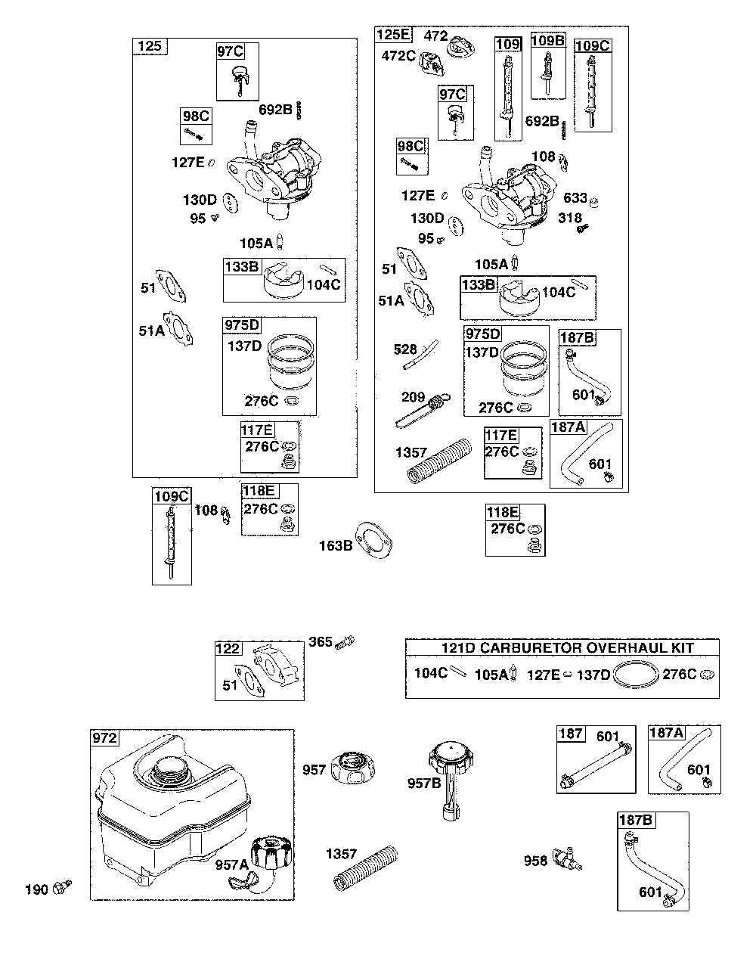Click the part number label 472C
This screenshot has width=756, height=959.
[398, 56]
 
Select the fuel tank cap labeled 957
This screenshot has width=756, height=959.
[353, 768]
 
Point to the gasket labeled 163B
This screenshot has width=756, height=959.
[373, 540]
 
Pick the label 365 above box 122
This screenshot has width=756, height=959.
[321, 642]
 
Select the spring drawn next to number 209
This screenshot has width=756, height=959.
[423, 410]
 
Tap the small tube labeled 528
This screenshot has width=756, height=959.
[420, 354]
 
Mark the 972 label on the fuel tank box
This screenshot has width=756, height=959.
[104, 738]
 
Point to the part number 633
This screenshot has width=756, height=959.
[575, 197]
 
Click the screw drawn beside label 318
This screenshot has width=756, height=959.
[581, 228]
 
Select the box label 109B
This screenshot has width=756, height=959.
[548, 41]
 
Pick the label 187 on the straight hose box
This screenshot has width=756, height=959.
[571, 734]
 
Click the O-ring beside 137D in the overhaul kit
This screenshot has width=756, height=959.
[636, 674]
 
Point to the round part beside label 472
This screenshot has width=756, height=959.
[461, 47]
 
